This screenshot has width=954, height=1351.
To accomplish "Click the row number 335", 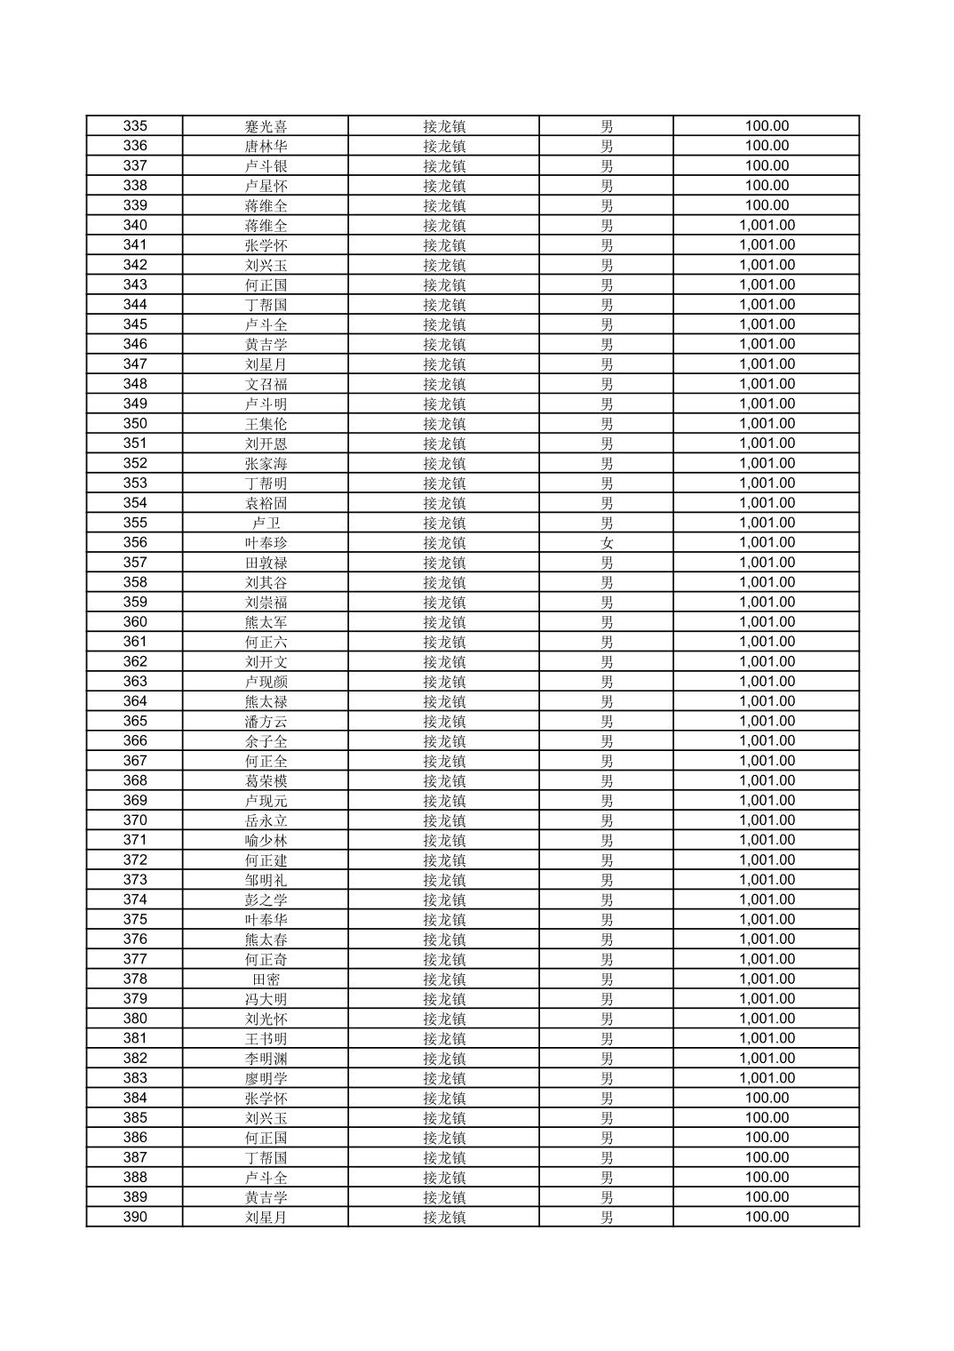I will (x=135, y=126).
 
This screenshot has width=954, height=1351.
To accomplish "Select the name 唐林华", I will (x=266, y=146).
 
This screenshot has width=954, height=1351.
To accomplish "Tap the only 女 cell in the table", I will (x=607, y=542).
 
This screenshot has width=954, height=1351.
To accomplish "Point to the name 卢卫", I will (x=266, y=523).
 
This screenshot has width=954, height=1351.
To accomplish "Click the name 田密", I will (x=266, y=979).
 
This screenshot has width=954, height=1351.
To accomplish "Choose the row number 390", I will (x=135, y=1217).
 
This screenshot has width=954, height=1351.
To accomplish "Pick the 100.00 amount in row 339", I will (x=767, y=205).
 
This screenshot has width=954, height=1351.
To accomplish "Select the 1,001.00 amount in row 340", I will (x=767, y=225).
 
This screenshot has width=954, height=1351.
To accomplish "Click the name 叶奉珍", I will (x=266, y=542).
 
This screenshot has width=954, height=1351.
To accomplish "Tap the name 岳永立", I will (x=266, y=820).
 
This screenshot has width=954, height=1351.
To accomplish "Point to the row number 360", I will (x=135, y=622).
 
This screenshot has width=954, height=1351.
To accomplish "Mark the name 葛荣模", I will (x=266, y=780).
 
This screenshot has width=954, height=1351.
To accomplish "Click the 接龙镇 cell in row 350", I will (x=444, y=424).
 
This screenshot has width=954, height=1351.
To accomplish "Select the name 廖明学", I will (x=266, y=1078).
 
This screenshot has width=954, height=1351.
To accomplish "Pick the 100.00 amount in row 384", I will (x=767, y=1098).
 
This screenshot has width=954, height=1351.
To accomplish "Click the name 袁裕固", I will (x=266, y=503).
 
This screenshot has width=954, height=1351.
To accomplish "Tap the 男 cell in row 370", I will (x=607, y=820).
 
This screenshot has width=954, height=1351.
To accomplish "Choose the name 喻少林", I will (x=266, y=840).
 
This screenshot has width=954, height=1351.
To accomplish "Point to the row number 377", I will (x=135, y=959).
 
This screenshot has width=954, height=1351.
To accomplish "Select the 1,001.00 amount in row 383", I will (x=767, y=1078).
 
